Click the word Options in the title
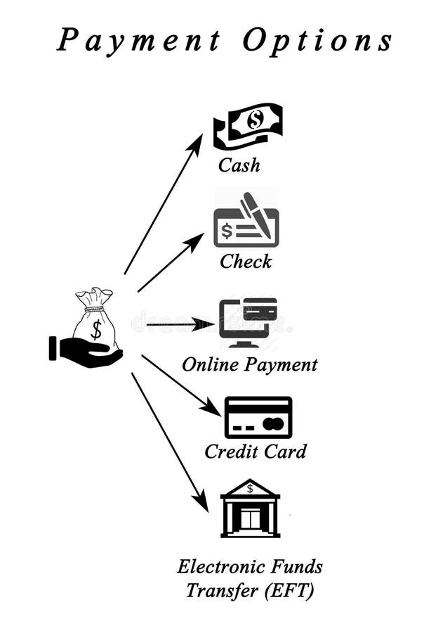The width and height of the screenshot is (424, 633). pos(317,41)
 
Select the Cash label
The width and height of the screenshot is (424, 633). pos(239,165)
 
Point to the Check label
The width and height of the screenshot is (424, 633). pos(246,262)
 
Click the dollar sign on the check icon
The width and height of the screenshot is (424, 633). pos(226,231)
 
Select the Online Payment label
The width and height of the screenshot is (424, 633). pos(249,365)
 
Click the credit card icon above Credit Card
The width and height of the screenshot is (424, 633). pos(258,417)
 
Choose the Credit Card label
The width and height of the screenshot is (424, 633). pos(255,452)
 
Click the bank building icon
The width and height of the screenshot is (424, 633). pos(250,508)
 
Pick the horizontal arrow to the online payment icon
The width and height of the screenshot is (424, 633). pos(179,324)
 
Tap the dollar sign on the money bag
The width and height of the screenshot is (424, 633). pos(96,328)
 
